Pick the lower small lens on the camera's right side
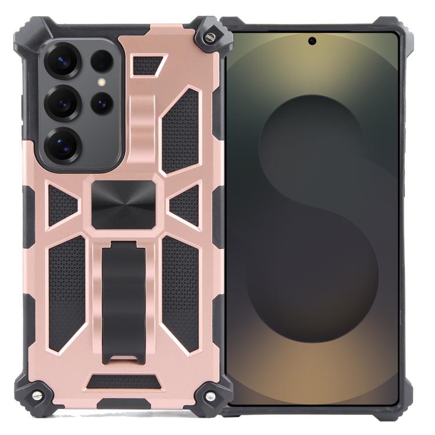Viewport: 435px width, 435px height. (101, 103)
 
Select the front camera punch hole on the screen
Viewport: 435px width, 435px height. (312, 41)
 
